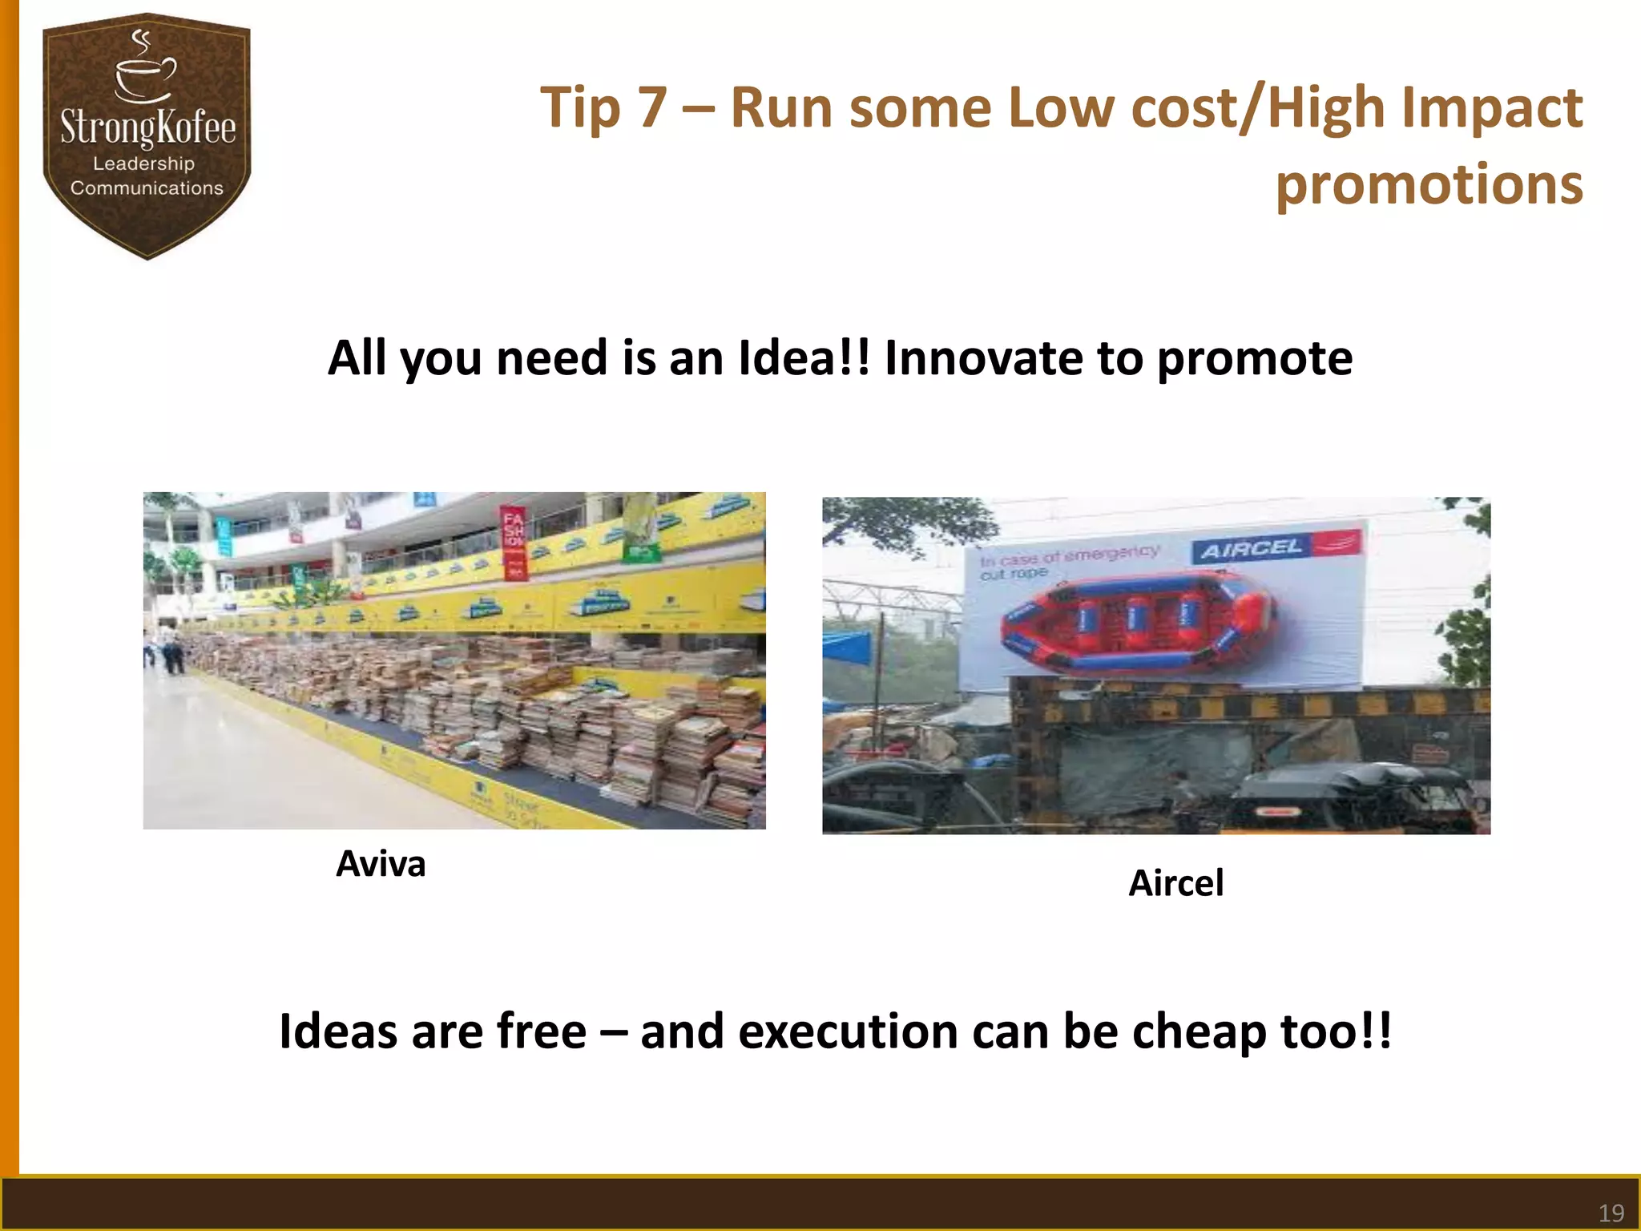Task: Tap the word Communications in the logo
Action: pyautogui.click(x=147, y=188)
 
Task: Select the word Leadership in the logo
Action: pyautogui.click(x=144, y=163)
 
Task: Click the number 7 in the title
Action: pyautogui.click(x=652, y=107)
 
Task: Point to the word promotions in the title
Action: pyautogui.click(x=1429, y=184)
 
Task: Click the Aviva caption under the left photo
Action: pyautogui.click(x=381, y=864)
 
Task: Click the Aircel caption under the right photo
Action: pyautogui.click(x=1175, y=883)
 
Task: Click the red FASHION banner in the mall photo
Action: pyautogui.click(x=513, y=542)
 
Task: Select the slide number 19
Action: pyautogui.click(x=1611, y=1213)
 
